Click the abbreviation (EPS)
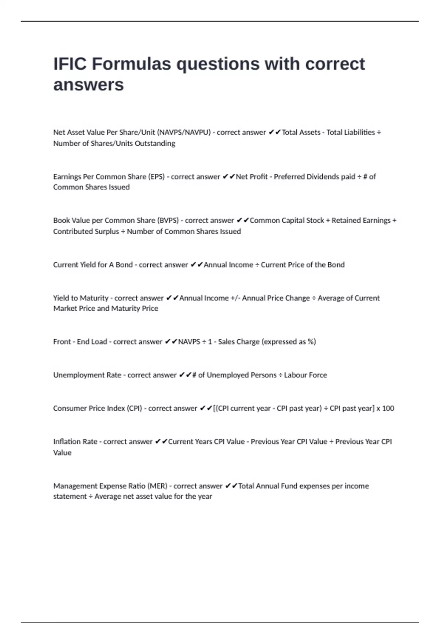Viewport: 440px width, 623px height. [156, 177]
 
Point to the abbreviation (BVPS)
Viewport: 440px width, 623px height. [168, 221]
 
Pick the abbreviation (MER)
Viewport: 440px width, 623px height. [157, 486]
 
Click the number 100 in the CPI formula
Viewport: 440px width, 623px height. [388, 408]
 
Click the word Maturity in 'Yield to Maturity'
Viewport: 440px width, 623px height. [94, 298]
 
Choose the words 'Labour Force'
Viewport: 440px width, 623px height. [305, 375]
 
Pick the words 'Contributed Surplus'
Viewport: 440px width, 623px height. [86, 232]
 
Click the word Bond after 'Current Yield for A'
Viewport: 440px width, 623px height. [124, 265]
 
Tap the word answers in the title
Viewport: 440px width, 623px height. [88, 85]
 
